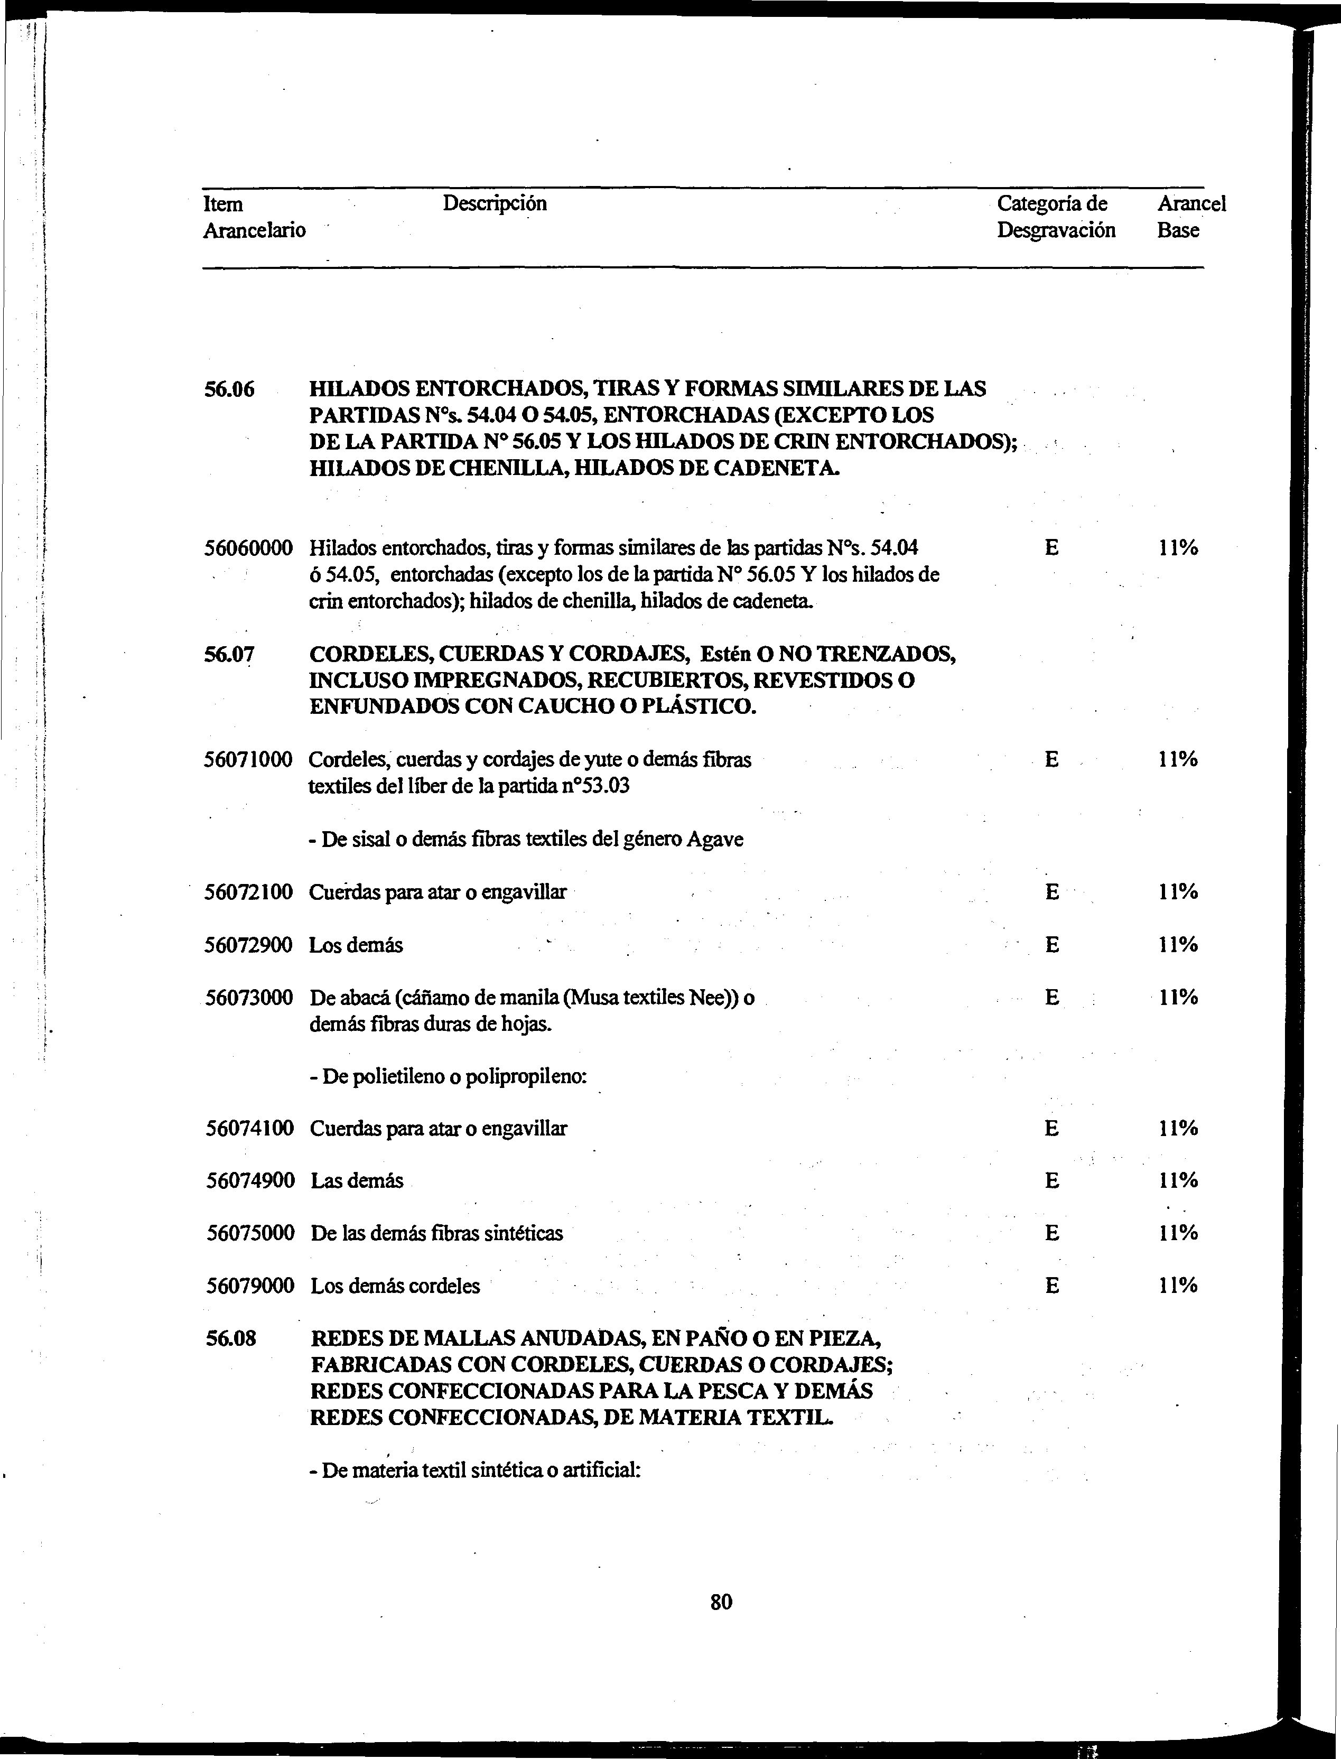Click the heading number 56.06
(x=229, y=389)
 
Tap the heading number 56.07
(x=229, y=655)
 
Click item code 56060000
(x=249, y=548)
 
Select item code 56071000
(x=249, y=760)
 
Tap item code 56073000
(x=249, y=998)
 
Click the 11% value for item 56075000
(x=1177, y=1233)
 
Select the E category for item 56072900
(x=1052, y=945)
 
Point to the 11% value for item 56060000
(x=1177, y=548)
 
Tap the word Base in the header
(x=1178, y=231)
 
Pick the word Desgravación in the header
(x=1056, y=231)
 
